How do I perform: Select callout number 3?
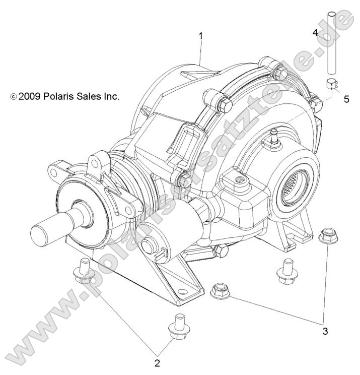tap(325, 331)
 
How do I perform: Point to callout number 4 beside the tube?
tap(315, 33)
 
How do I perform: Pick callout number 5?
tap(346, 99)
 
